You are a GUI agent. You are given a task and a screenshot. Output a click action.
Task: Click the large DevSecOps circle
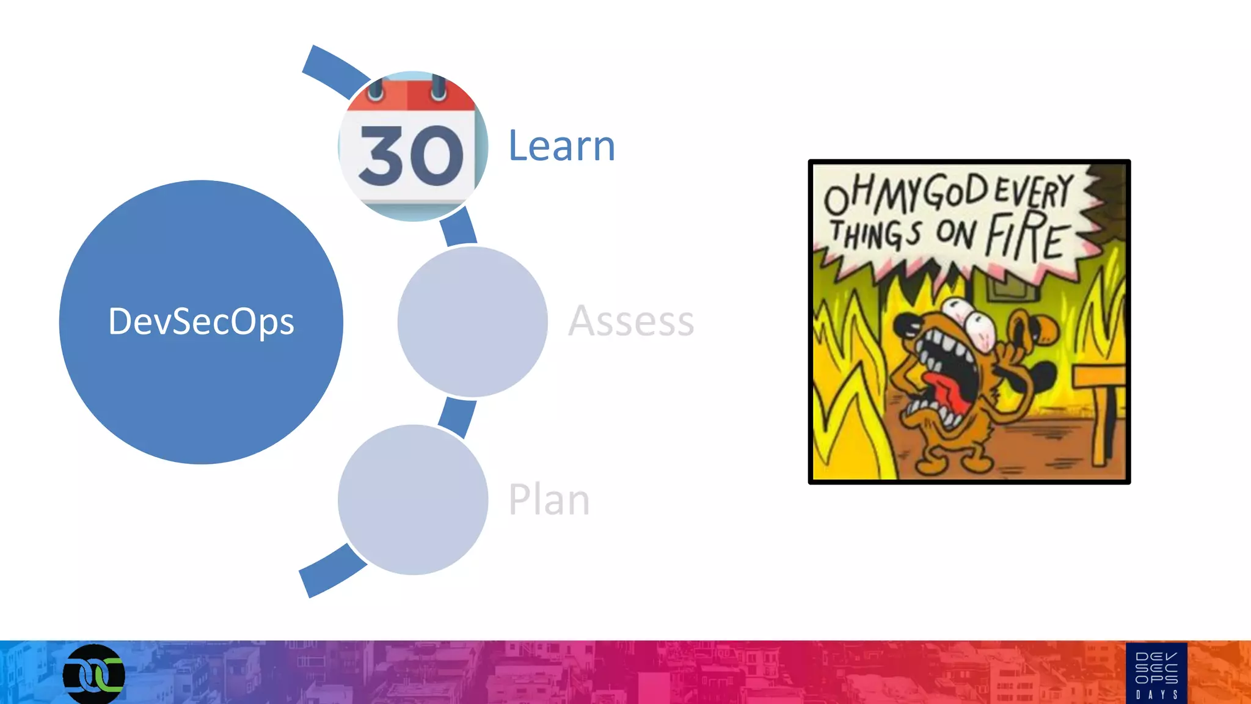(x=201, y=322)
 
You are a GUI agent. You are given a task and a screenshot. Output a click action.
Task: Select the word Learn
(x=561, y=146)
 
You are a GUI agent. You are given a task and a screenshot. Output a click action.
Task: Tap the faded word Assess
(x=631, y=321)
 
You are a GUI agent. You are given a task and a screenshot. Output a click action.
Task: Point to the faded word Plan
(x=549, y=499)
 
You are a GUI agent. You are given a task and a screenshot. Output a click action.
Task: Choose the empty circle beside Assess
(x=472, y=321)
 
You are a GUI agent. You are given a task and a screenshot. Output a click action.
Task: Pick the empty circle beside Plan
(x=413, y=499)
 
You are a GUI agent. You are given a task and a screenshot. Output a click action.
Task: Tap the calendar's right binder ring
(x=438, y=87)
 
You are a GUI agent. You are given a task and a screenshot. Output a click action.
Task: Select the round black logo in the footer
(x=94, y=675)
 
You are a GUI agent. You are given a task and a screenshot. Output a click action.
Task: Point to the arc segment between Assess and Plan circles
(x=458, y=416)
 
